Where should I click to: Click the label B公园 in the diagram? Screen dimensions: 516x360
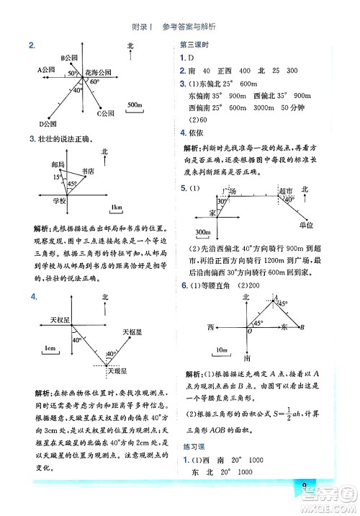click(71, 57)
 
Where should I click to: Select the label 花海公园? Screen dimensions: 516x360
click(97, 74)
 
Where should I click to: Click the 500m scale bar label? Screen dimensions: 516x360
click(135, 105)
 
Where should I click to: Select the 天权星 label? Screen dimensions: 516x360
click(59, 319)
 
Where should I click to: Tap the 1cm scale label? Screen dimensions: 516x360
click(50, 349)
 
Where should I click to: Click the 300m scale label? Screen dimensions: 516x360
click(204, 232)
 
